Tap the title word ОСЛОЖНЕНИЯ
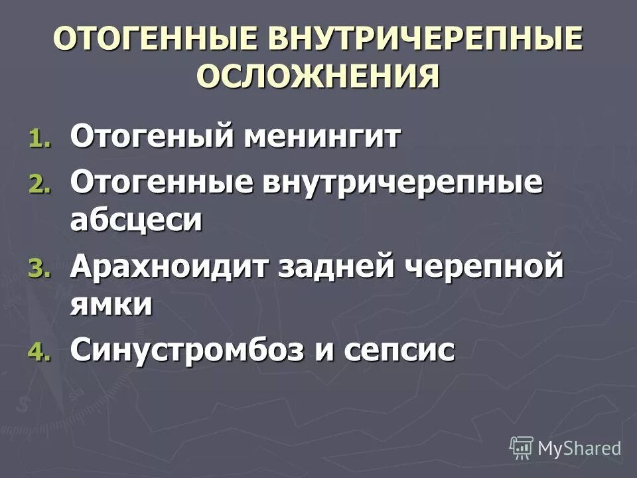[x=318, y=76]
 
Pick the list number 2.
[x=38, y=187]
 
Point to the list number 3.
[x=38, y=270]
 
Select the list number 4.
[x=38, y=352]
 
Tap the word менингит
[x=322, y=137]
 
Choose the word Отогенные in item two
[x=159, y=183]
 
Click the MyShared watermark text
[x=579, y=448]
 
